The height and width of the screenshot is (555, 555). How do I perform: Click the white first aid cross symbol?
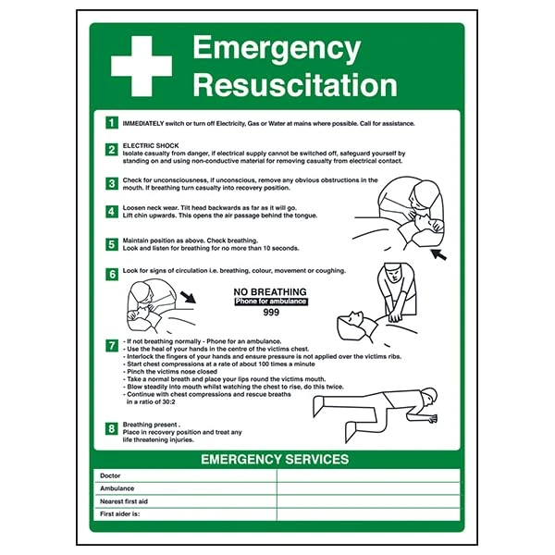coord(142,66)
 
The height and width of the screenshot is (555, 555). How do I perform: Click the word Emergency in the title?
coord(276,48)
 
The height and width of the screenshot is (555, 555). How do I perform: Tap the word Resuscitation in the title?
coord(294,84)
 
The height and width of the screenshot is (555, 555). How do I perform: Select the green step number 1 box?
coord(112,123)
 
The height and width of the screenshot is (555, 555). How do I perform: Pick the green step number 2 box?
coord(112,149)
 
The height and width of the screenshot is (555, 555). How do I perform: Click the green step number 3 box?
coord(112,183)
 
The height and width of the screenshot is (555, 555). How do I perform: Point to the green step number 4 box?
coord(112,212)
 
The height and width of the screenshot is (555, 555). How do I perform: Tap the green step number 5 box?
coord(112,244)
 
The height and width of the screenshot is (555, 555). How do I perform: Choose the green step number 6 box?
coord(112,273)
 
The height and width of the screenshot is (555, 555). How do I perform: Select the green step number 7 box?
coord(112,345)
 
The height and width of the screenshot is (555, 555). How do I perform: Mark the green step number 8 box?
coord(112,427)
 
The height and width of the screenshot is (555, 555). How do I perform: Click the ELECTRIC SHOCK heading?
coord(149,144)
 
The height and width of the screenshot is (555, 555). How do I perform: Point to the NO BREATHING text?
coord(270,290)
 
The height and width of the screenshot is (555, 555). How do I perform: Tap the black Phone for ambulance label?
coord(270,302)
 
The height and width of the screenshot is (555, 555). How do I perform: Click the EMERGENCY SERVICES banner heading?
coord(275,459)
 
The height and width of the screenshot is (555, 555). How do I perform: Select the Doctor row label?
coord(110,475)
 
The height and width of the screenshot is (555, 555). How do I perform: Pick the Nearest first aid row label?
coord(124,500)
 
